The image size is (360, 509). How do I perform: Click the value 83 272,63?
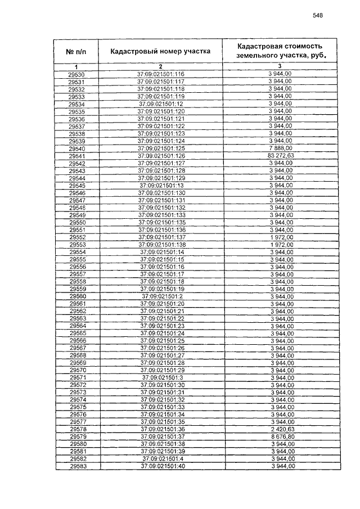[x=281, y=156]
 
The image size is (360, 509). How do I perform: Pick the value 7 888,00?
[x=281, y=148]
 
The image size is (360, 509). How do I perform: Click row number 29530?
[x=76, y=75]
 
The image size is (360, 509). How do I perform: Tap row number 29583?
[x=76, y=466]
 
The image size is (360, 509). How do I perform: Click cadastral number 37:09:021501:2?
[x=162, y=296]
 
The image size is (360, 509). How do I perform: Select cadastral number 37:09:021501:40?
[x=162, y=466]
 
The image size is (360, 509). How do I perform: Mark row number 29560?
[x=76, y=296]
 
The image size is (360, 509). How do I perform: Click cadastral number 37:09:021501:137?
[x=161, y=237]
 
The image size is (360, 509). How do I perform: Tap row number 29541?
[x=76, y=156]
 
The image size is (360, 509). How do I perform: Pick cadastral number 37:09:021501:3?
[x=162, y=377]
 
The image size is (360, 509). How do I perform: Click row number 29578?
[x=76, y=430]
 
